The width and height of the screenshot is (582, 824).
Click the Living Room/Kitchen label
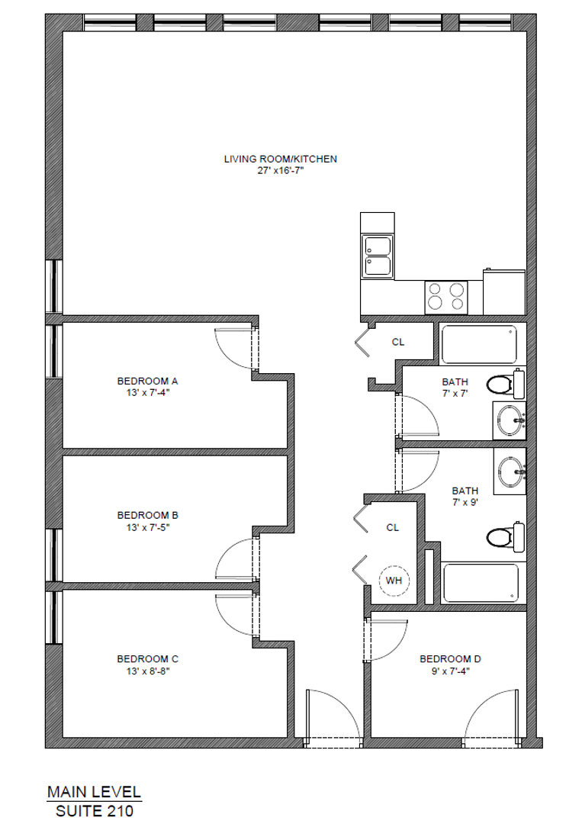coord(280,159)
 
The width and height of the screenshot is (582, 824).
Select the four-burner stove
coord(446,296)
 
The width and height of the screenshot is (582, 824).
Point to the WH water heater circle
coord(394,581)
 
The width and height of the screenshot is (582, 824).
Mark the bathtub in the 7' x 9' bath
coord(480,584)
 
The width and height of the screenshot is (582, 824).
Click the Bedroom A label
coord(147,380)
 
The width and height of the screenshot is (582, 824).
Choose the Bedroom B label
coord(147,515)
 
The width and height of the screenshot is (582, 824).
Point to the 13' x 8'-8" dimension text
coord(147,671)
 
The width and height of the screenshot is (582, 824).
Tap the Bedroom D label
coord(450,658)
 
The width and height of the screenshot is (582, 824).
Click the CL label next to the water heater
coord(393,527)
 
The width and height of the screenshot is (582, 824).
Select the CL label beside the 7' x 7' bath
coord(397,342)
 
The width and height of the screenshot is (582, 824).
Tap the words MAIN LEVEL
coord(94,792)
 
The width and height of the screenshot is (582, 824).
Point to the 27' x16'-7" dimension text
coord(280,172)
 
